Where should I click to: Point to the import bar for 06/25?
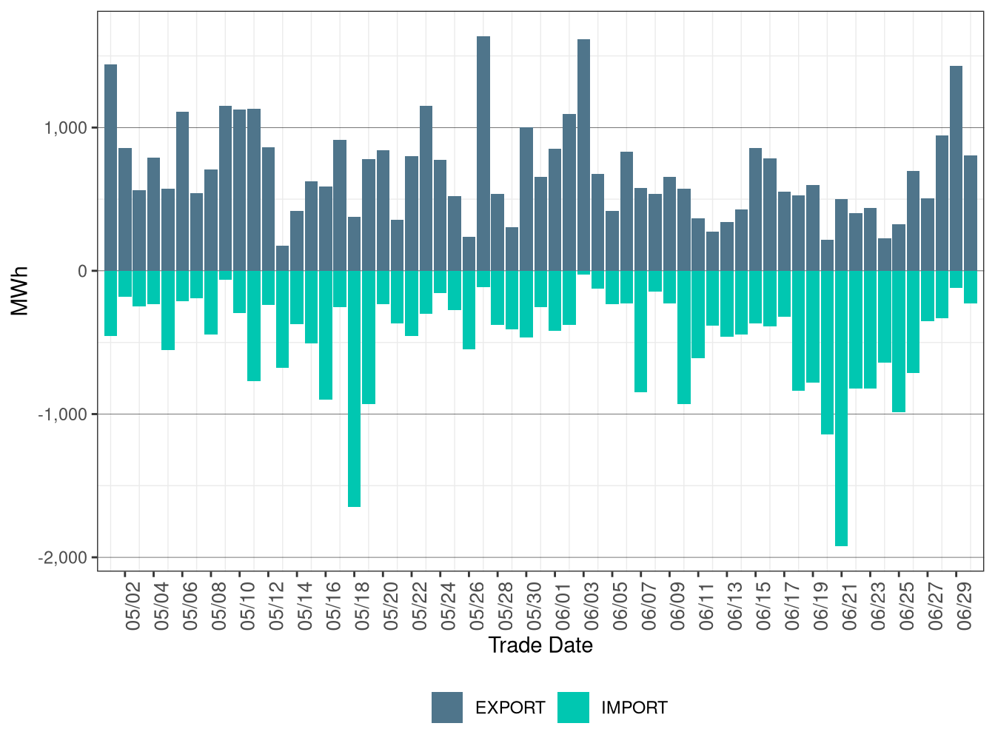[899, 341]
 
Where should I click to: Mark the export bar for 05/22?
[426, 189]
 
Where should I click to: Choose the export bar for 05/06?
[182, 192]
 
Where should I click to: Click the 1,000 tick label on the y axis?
[66, 128]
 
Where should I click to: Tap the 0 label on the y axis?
[82, 272]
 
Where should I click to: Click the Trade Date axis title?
[540, 645]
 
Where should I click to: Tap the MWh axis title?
[20, 291]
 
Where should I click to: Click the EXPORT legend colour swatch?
[447, 708]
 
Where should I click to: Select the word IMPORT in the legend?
[634, 708]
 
